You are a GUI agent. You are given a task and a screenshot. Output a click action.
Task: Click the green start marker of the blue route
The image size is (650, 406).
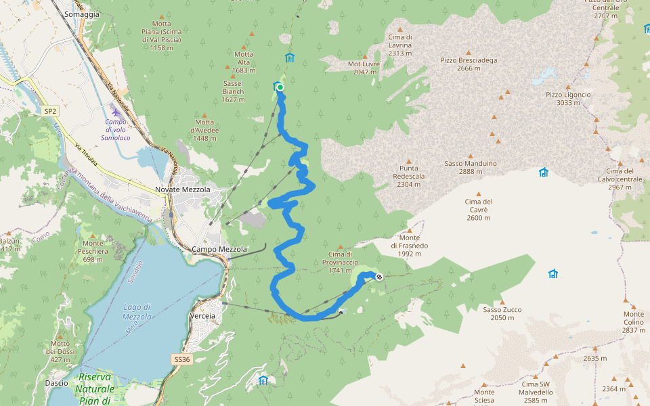point(280,87)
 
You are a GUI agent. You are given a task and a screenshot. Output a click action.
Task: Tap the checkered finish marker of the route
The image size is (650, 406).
point(378,276)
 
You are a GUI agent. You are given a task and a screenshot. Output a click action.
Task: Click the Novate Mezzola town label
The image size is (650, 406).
point(183,189)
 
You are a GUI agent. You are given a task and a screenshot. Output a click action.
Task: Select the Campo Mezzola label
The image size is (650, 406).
point(220,249)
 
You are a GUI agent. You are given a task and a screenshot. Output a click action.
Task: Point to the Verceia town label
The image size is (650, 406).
point(203,316)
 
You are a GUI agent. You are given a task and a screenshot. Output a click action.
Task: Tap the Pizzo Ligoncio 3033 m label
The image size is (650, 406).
point(568,99)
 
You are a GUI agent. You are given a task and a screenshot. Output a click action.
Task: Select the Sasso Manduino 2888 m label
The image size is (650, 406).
point(471,167)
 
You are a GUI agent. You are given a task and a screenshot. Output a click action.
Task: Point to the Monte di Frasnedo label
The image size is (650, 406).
point(410,245)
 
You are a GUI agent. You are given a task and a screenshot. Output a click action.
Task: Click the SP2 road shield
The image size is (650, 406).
point(50,110)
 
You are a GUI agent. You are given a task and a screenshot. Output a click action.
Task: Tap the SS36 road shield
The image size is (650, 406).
point(181,359)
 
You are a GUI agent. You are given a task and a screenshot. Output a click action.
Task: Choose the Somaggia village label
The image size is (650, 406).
point(81,14)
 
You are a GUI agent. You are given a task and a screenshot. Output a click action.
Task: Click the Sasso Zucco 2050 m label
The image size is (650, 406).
point(502,313)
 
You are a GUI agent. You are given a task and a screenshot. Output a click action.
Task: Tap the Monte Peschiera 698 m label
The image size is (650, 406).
point(93,251)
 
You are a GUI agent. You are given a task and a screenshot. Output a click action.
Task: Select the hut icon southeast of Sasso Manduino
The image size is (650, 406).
point(543,172)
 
